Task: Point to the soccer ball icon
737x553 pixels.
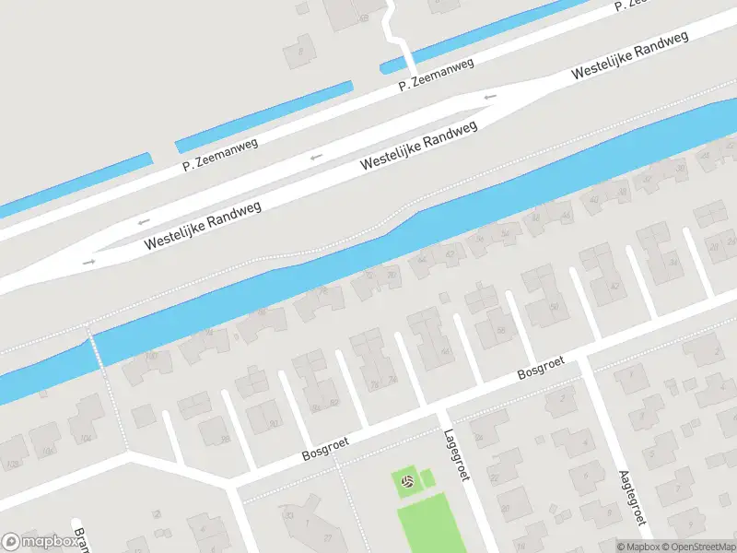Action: [407, 480]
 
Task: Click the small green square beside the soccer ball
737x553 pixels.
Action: [427, 477]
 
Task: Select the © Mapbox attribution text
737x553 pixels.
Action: [638, 547]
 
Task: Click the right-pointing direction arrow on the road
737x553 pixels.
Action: [89, 262]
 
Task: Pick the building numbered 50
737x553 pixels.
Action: [554, 306]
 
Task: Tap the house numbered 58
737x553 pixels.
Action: [502, 330]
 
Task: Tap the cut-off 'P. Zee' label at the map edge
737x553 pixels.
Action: [629, 5]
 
